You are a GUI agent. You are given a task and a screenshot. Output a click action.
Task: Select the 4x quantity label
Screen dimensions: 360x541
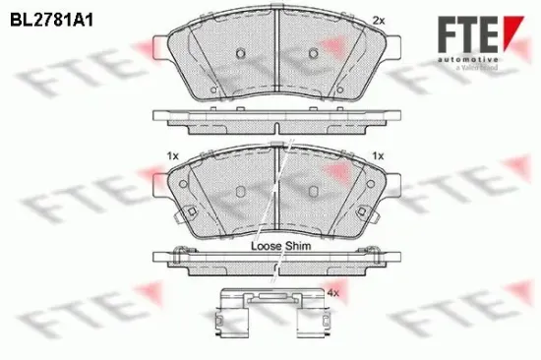click(332, 293)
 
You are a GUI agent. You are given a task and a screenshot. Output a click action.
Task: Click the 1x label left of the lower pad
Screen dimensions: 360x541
click(173, 155)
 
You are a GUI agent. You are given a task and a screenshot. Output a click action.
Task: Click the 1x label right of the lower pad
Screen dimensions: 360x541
click(377, 155)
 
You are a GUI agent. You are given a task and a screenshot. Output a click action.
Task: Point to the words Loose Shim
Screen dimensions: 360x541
click(281, 247)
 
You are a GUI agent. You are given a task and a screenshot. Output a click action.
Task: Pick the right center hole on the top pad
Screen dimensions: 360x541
click(315, 50)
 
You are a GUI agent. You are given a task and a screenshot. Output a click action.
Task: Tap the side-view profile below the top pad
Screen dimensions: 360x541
click(277, 119)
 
